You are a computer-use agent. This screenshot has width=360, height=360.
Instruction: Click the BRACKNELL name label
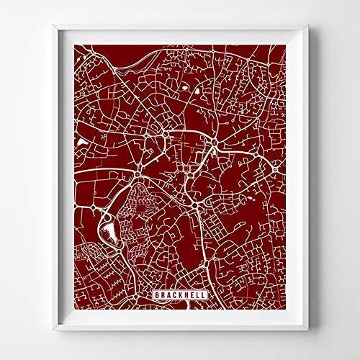pyautogui.click(x=179, y=296)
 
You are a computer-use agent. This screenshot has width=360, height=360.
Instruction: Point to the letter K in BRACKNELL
pyautogui.click(x=179, y=296)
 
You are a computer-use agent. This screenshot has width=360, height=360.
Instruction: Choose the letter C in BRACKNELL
pyautogui.click(x=173, y=296)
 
